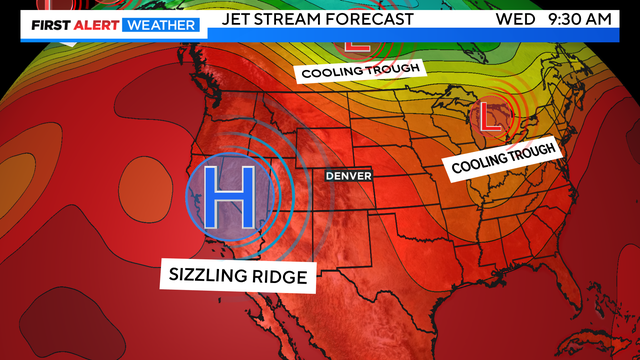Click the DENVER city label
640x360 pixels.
click(347, 176)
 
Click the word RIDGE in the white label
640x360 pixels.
click(282, 275)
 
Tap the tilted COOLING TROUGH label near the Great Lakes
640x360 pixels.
click(503, 156)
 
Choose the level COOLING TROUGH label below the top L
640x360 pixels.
click(361, 69)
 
